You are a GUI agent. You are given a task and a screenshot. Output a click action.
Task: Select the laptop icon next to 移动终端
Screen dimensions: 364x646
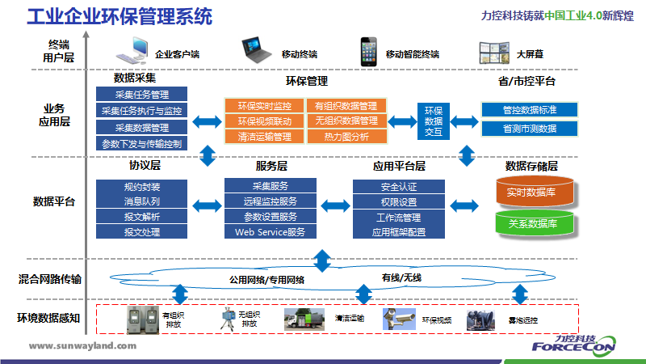coord(256,52)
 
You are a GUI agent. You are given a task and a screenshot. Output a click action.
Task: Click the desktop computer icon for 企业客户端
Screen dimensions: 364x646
coord(133,53)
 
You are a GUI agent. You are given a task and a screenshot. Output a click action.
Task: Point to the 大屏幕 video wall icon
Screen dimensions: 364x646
coord(493,53)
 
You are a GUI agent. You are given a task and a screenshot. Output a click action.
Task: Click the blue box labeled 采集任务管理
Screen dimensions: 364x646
coord(142,94)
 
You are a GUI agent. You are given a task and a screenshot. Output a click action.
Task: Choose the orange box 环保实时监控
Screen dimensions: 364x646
coord(264,106)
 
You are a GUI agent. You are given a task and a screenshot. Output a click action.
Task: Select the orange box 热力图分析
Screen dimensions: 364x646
coord(346,137)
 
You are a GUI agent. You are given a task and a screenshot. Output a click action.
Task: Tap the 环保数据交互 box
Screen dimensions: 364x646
coord(434,121)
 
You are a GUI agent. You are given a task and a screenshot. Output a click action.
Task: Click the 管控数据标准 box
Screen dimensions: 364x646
coord(530,109)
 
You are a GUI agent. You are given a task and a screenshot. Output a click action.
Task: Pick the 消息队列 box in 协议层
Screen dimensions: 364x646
coord(142,201)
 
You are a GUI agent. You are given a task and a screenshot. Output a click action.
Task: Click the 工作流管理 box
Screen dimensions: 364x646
coord(398,217)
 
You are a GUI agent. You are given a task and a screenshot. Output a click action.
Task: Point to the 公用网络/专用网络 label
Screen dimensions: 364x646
coord(267,280)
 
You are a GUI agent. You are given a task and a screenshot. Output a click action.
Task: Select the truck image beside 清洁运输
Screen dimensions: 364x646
coord(305,320)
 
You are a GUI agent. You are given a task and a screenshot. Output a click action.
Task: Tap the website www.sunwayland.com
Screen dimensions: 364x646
coord(83,345)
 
